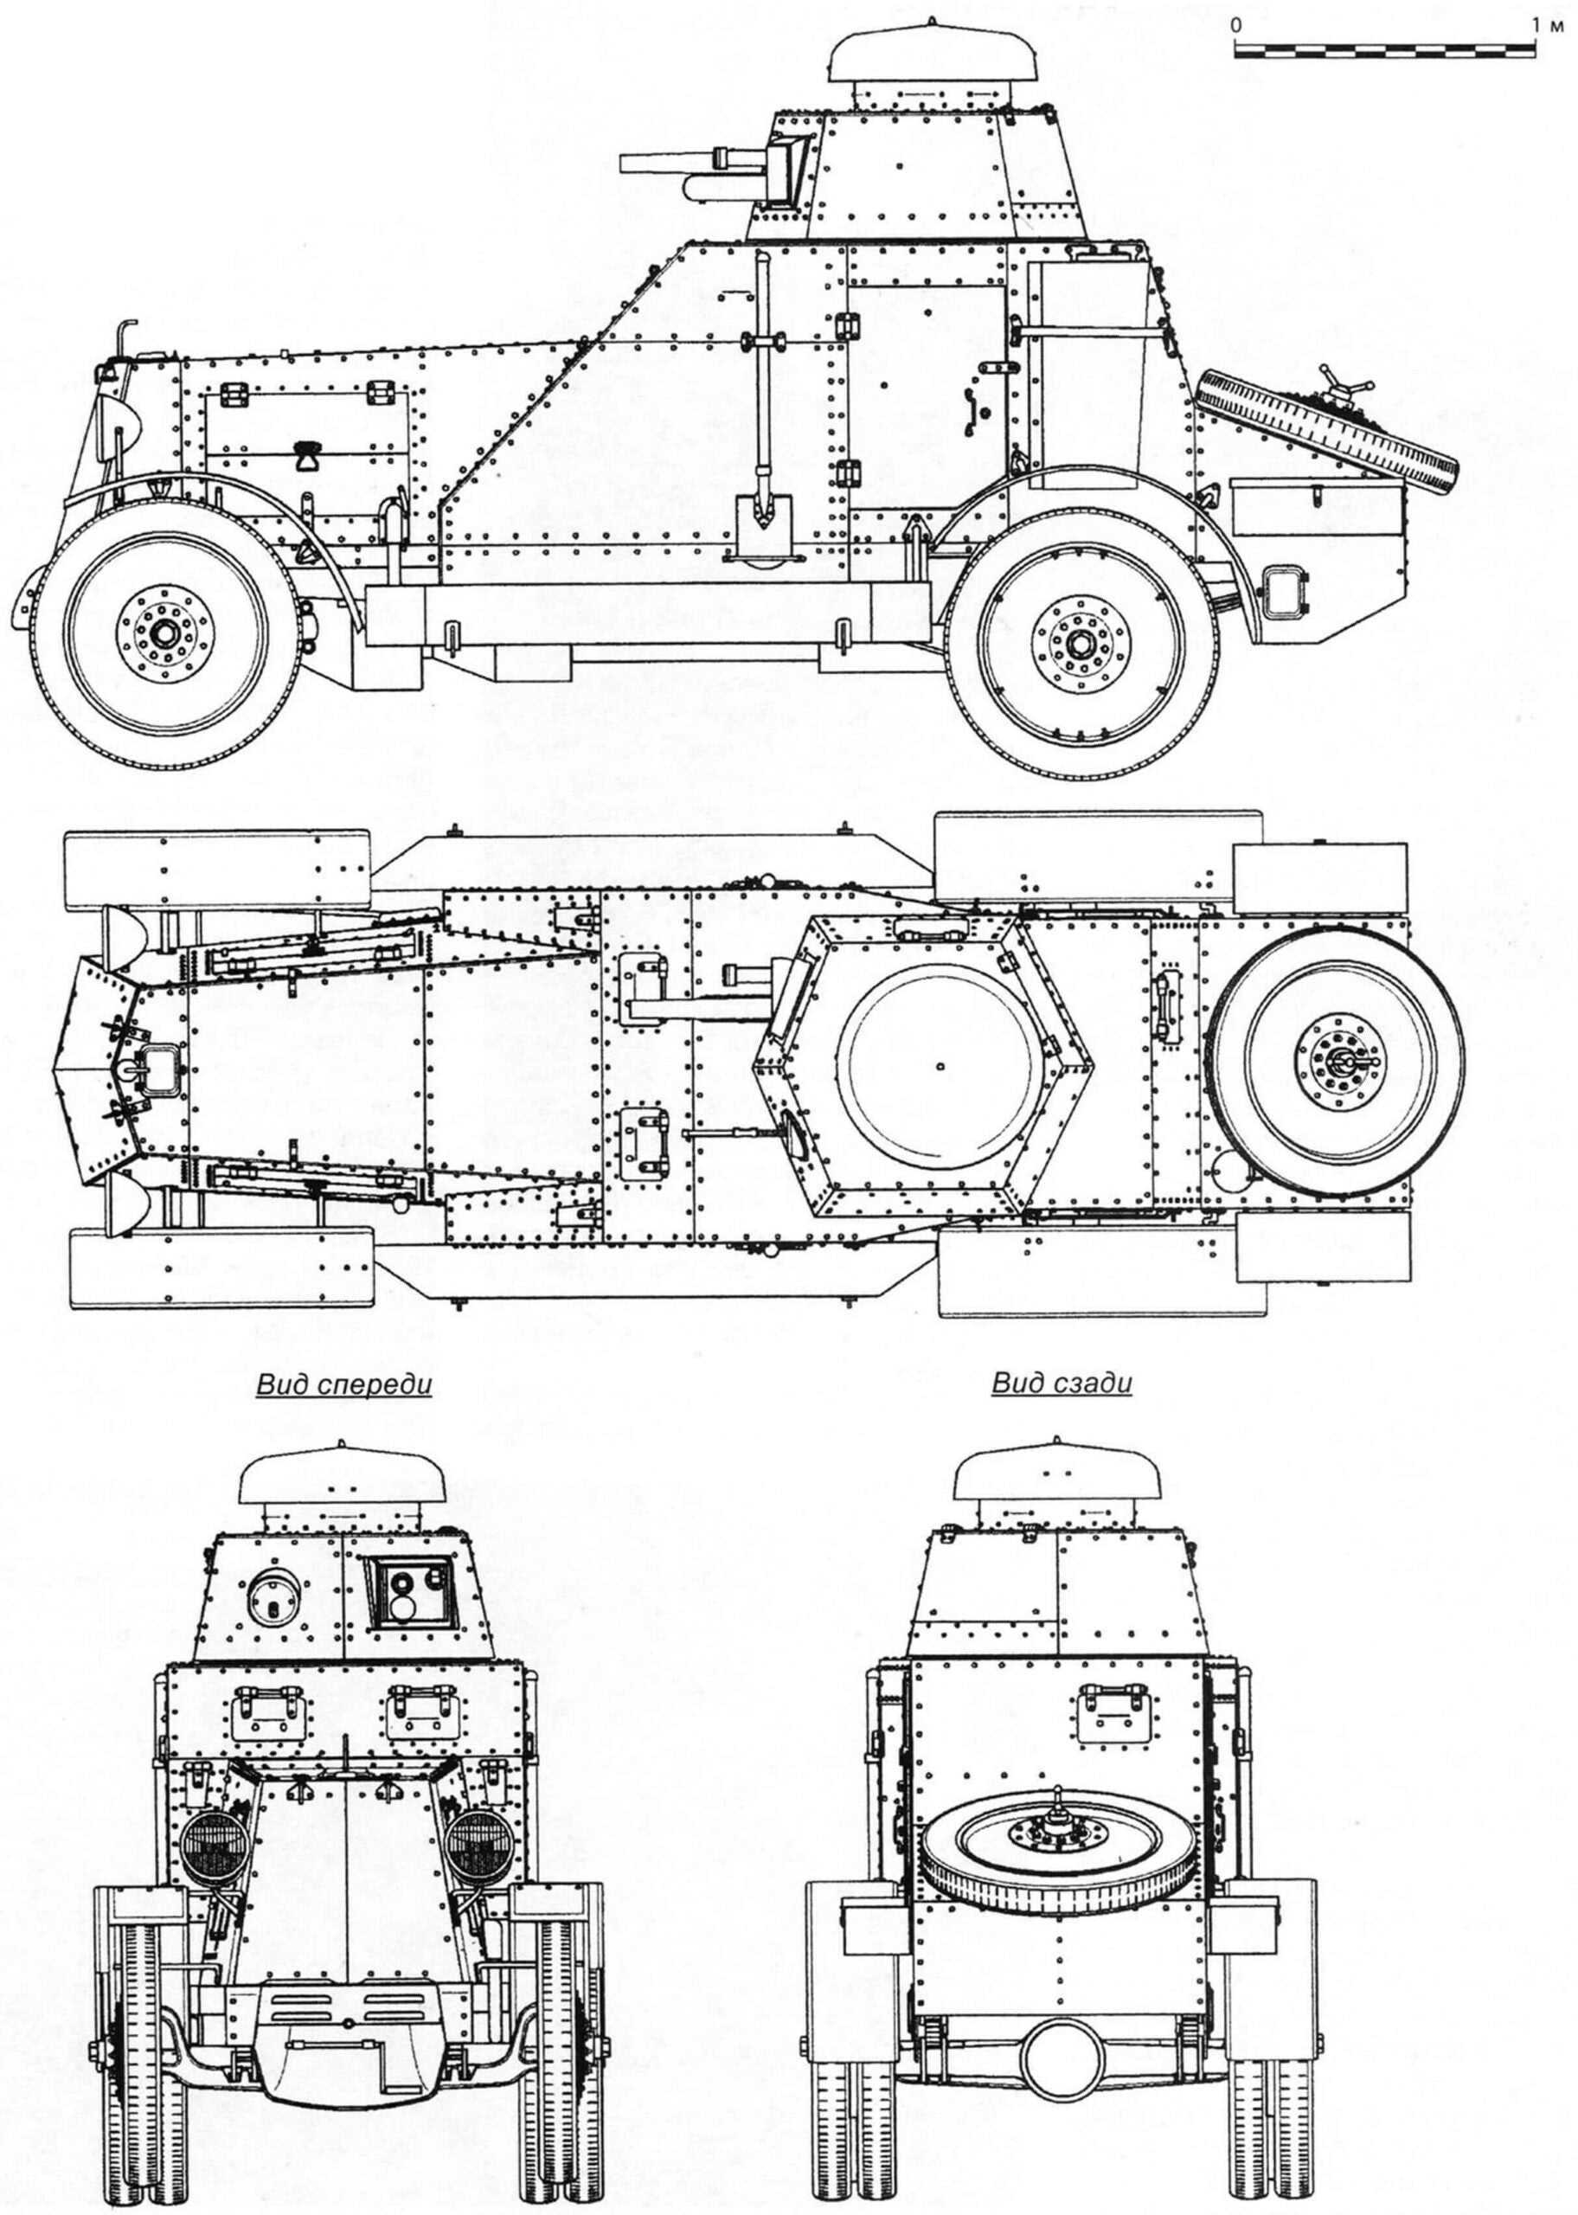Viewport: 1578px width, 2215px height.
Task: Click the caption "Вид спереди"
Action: pyautogui.click(x=343, y=1384)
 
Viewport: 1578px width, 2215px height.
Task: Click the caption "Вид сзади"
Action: pyautogui.click(x=1062, y=1384)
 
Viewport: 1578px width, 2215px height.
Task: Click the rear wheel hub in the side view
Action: pyautogui.click(x=1081, y=642)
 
